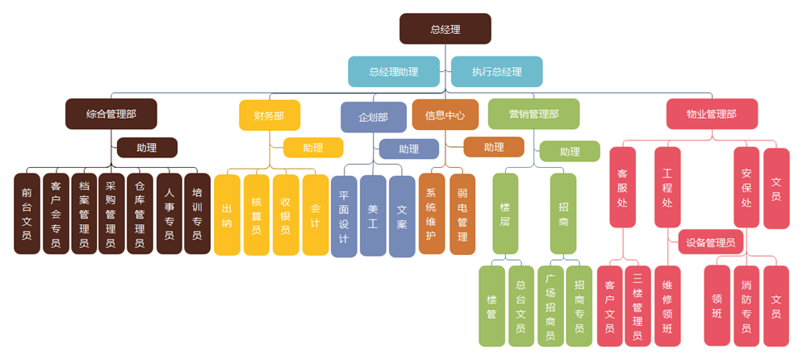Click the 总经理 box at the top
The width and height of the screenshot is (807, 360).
point(445,29)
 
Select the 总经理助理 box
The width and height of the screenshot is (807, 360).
point(394,72)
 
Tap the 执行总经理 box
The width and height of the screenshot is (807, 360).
point(497,72)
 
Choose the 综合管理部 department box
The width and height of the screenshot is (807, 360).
point(111,114)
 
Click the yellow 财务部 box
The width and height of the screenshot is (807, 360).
point(269,115)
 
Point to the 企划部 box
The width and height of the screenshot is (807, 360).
point(373,117)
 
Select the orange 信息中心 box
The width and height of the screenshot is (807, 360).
point(445,115)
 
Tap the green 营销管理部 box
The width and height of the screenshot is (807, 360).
point(533,114)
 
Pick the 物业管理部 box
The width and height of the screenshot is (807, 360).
point(711,114)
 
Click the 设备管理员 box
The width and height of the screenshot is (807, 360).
point(710,242)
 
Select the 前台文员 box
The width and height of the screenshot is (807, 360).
point(27,214)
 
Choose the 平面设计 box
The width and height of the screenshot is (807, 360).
point(344,217)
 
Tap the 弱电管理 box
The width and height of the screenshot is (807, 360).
point(462,216)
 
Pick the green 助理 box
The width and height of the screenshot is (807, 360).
point(570,151)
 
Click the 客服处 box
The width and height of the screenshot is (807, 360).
point(622,187)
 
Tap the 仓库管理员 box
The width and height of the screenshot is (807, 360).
point(140,214)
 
